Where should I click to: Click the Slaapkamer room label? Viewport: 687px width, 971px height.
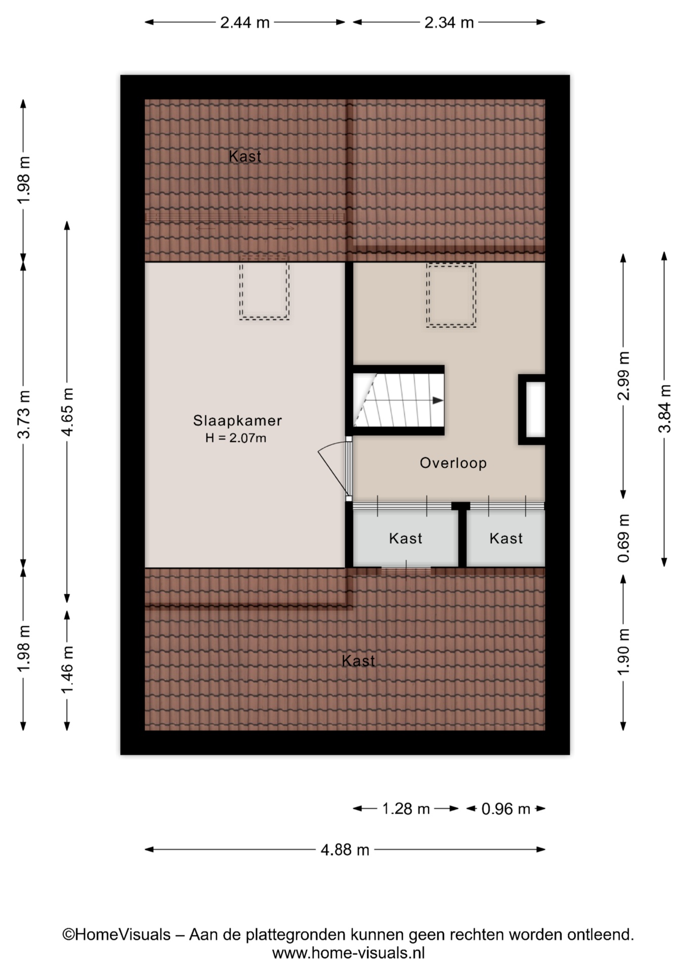coord(237,420)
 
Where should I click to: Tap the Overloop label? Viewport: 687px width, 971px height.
coord(453,463)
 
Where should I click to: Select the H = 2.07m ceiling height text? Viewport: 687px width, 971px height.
coord(236,438)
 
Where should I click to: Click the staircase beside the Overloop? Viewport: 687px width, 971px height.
coord(398,400)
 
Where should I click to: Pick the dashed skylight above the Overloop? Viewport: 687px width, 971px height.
coord(451,295)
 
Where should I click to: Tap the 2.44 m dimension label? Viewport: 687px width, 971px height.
coord(245,23)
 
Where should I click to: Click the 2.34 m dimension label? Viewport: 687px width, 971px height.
coord(449,23)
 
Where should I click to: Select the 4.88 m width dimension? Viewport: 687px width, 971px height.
coord(345,850)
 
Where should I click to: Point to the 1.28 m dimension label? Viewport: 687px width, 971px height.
coord(406,809)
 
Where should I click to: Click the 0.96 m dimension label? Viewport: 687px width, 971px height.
coord(505,809)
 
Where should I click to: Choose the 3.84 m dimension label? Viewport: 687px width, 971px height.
coord(664,408)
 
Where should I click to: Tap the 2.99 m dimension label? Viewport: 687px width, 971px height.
coord(623,375)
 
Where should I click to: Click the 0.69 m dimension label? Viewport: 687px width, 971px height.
coord(623,538)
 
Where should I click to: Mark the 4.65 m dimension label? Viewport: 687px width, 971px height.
coord(67,412)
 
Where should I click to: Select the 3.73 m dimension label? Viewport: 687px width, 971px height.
coord(23,414)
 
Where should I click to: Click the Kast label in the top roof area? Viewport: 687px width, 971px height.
coord(245,156)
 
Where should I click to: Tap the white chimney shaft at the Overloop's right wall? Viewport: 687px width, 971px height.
coord(535,410)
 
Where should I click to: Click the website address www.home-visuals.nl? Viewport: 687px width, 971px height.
coord(348,953)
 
